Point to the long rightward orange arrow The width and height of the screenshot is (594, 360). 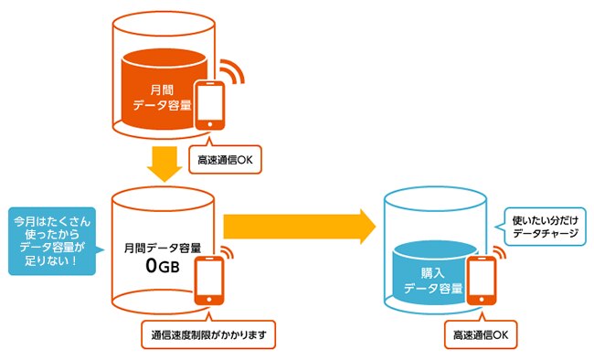click(x=301, y=226)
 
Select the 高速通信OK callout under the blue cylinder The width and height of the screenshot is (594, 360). click(x=481, y=335)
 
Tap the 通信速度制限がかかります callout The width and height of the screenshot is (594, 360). click(x=207, y=334)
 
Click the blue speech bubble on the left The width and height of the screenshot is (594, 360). click(x=50, y=243)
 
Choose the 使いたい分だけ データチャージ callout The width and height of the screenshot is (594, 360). click(x=545, y=224)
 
